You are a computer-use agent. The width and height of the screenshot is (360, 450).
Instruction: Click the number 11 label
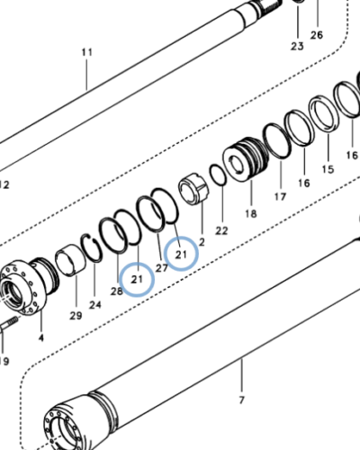click(86, 53)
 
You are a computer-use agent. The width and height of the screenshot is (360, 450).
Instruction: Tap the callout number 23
click(297, 45)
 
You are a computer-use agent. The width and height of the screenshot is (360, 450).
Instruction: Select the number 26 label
click(316, 35)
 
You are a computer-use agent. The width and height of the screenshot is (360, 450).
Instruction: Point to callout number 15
click(327, 168)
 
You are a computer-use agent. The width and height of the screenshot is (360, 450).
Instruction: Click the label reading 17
click(279, 196)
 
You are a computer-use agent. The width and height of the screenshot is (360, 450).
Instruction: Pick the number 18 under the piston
click(250, 214)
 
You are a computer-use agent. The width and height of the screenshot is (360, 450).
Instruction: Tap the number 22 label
click(221, 230)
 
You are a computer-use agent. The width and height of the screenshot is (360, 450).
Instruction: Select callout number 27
click(162, 267)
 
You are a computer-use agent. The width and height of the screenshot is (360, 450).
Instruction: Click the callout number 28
click(116, 291)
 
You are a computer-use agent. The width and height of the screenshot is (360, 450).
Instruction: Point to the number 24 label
click(95, 304)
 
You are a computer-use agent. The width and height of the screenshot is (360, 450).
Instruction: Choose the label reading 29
click(76, 314)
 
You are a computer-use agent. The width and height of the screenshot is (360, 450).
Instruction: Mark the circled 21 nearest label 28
click(137, 280)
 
